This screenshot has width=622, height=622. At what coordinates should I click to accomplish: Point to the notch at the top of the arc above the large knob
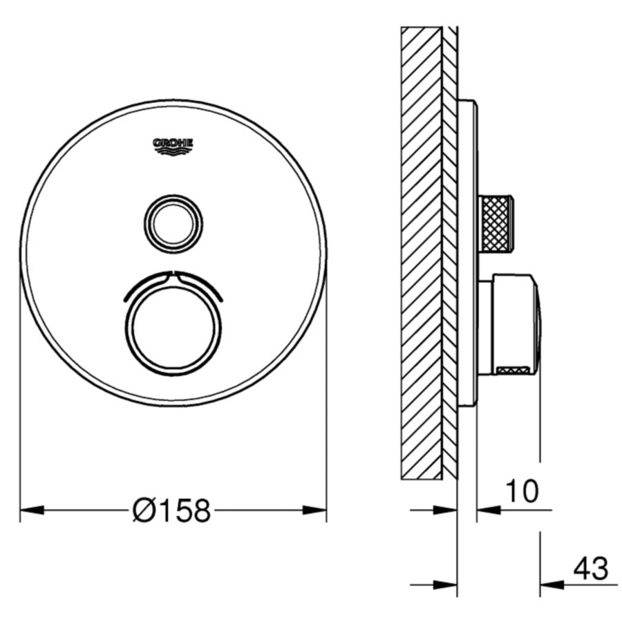173,273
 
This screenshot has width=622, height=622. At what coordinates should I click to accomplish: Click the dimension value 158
181,511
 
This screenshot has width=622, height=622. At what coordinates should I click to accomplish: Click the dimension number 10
522,491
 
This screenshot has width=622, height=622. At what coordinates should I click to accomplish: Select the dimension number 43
590,568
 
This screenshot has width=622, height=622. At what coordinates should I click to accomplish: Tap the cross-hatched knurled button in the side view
497,223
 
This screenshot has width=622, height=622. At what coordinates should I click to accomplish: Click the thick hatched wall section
421,252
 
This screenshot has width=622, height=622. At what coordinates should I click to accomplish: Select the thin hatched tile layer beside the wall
450,252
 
